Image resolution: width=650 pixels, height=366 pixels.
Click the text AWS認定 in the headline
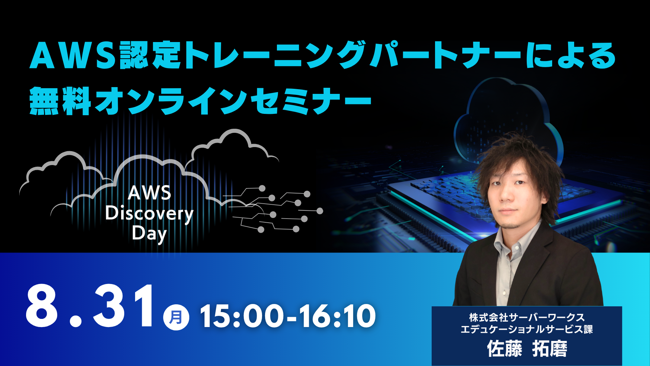(x=105, y=55)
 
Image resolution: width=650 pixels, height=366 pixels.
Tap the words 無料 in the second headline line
(x=60, y=101)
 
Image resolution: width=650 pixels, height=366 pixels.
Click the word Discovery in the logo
(x=149, y=214)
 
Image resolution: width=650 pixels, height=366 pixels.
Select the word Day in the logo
(x=149, y=234)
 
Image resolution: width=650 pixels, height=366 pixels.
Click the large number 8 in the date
(x=41, y=306)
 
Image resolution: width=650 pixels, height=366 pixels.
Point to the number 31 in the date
(x=123, y=306)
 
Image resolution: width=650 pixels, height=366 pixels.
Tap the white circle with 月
(x=176, y=318)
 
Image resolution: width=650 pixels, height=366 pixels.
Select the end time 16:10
(x=337, y=316)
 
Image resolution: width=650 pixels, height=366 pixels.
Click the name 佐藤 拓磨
(x=527, y=349)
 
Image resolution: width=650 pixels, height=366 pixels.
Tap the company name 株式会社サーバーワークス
(x=527, y=318)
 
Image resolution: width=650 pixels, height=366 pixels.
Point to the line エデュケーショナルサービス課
(x=527, y=329)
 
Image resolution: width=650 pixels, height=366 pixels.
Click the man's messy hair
(x=521, y=156)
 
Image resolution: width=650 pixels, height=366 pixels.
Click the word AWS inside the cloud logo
(x=149, y=193)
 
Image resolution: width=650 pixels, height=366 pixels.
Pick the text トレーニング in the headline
(x=275, y=55)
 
